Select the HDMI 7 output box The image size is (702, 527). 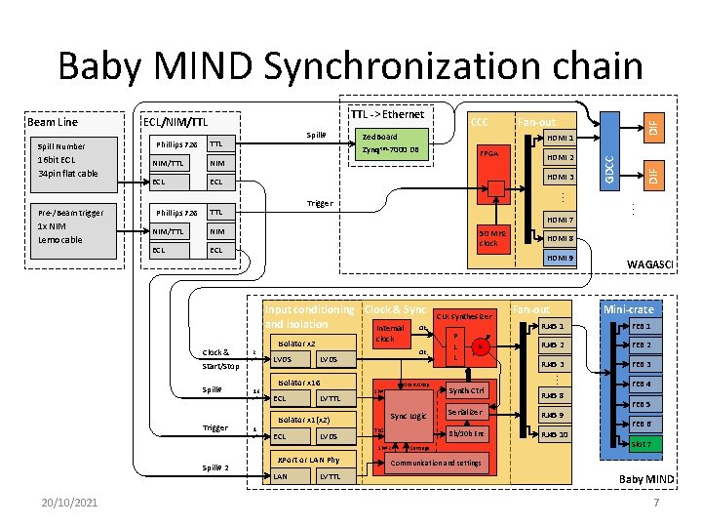pos(560,219)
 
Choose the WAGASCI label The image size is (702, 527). pos(649,263)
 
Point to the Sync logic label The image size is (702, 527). pos(407,416)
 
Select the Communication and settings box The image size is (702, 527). pos(435,464)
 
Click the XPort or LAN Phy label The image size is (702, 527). pos(307,459)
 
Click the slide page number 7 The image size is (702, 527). pos(656,502)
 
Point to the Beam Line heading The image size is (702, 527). pos(53,122)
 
